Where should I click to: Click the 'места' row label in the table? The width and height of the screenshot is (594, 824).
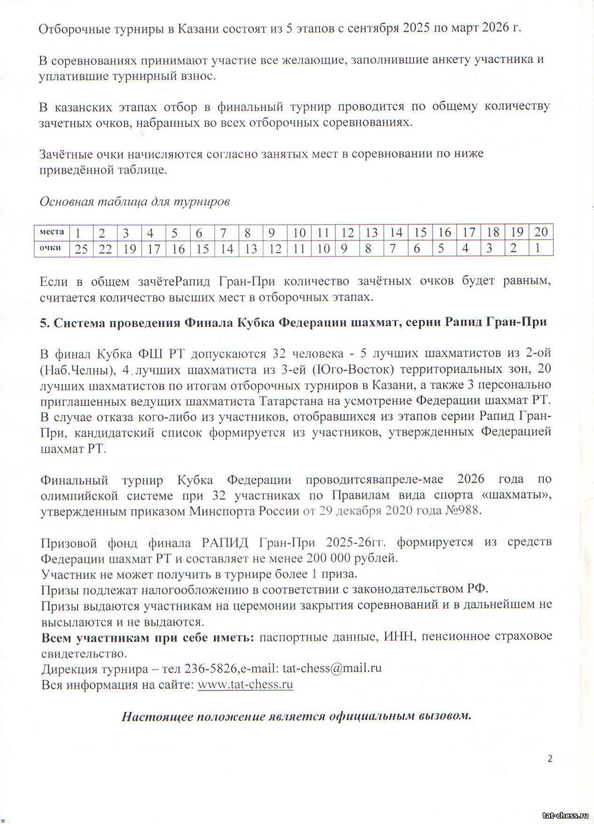(x=52, y=232)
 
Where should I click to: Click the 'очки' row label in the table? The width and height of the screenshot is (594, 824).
(x=50, y=248)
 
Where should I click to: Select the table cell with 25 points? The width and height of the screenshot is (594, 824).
(x=81, y=249)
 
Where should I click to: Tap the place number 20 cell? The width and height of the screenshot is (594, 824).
(x=541, y=232)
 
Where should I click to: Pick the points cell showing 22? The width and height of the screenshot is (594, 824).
(x=105, y=249)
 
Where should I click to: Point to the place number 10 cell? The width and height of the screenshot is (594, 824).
(x=299, y=232)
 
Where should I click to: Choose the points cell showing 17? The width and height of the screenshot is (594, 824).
(x=154, y=249)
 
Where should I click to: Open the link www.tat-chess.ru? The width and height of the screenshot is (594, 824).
(x=245, y=684)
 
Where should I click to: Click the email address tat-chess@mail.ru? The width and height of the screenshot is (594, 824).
(x=332, y=669)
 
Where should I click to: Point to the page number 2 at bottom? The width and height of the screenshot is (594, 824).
(x=550, y=759)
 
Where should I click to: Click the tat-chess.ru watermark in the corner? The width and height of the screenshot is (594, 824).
(x=565, y=815)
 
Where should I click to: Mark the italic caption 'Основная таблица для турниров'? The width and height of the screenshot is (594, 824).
(x=135, y=202)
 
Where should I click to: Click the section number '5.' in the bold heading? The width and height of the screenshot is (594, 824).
(x=44, y=322)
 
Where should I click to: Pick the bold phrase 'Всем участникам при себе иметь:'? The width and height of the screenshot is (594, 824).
(x=148, y=637)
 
